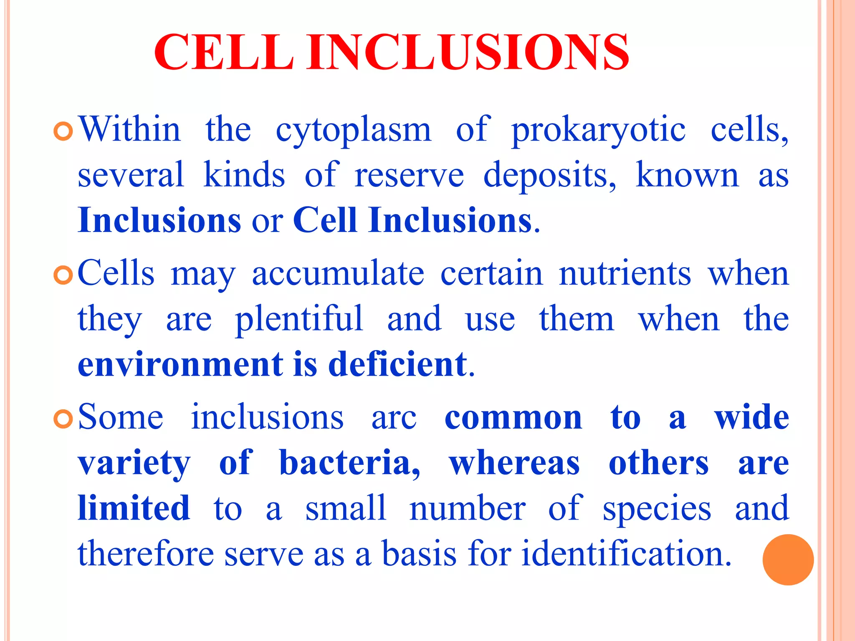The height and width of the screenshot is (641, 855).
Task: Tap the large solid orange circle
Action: [x=788, y=560]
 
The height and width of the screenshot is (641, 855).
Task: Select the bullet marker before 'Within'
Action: [x=63, y=131]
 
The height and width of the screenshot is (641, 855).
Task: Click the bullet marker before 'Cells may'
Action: [x=63, y=275]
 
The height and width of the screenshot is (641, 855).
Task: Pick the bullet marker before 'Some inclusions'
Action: [x=63, y=419]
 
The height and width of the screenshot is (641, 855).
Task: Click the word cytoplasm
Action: [x=353, y=130]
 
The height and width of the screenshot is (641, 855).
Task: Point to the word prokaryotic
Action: [x=598, y=130]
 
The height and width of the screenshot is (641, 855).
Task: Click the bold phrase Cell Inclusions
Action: [x=412, y=220]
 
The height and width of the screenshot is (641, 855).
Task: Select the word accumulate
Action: [x=338, y=274]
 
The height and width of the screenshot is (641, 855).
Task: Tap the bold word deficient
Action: [x=397, y=364]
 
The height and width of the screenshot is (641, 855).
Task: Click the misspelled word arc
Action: [x=394, y=418]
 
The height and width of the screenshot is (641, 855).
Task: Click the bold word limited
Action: [x=134, y=508]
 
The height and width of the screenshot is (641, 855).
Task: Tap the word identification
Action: [x=627, y=553]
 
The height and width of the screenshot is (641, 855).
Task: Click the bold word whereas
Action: [x=514, y=463]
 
